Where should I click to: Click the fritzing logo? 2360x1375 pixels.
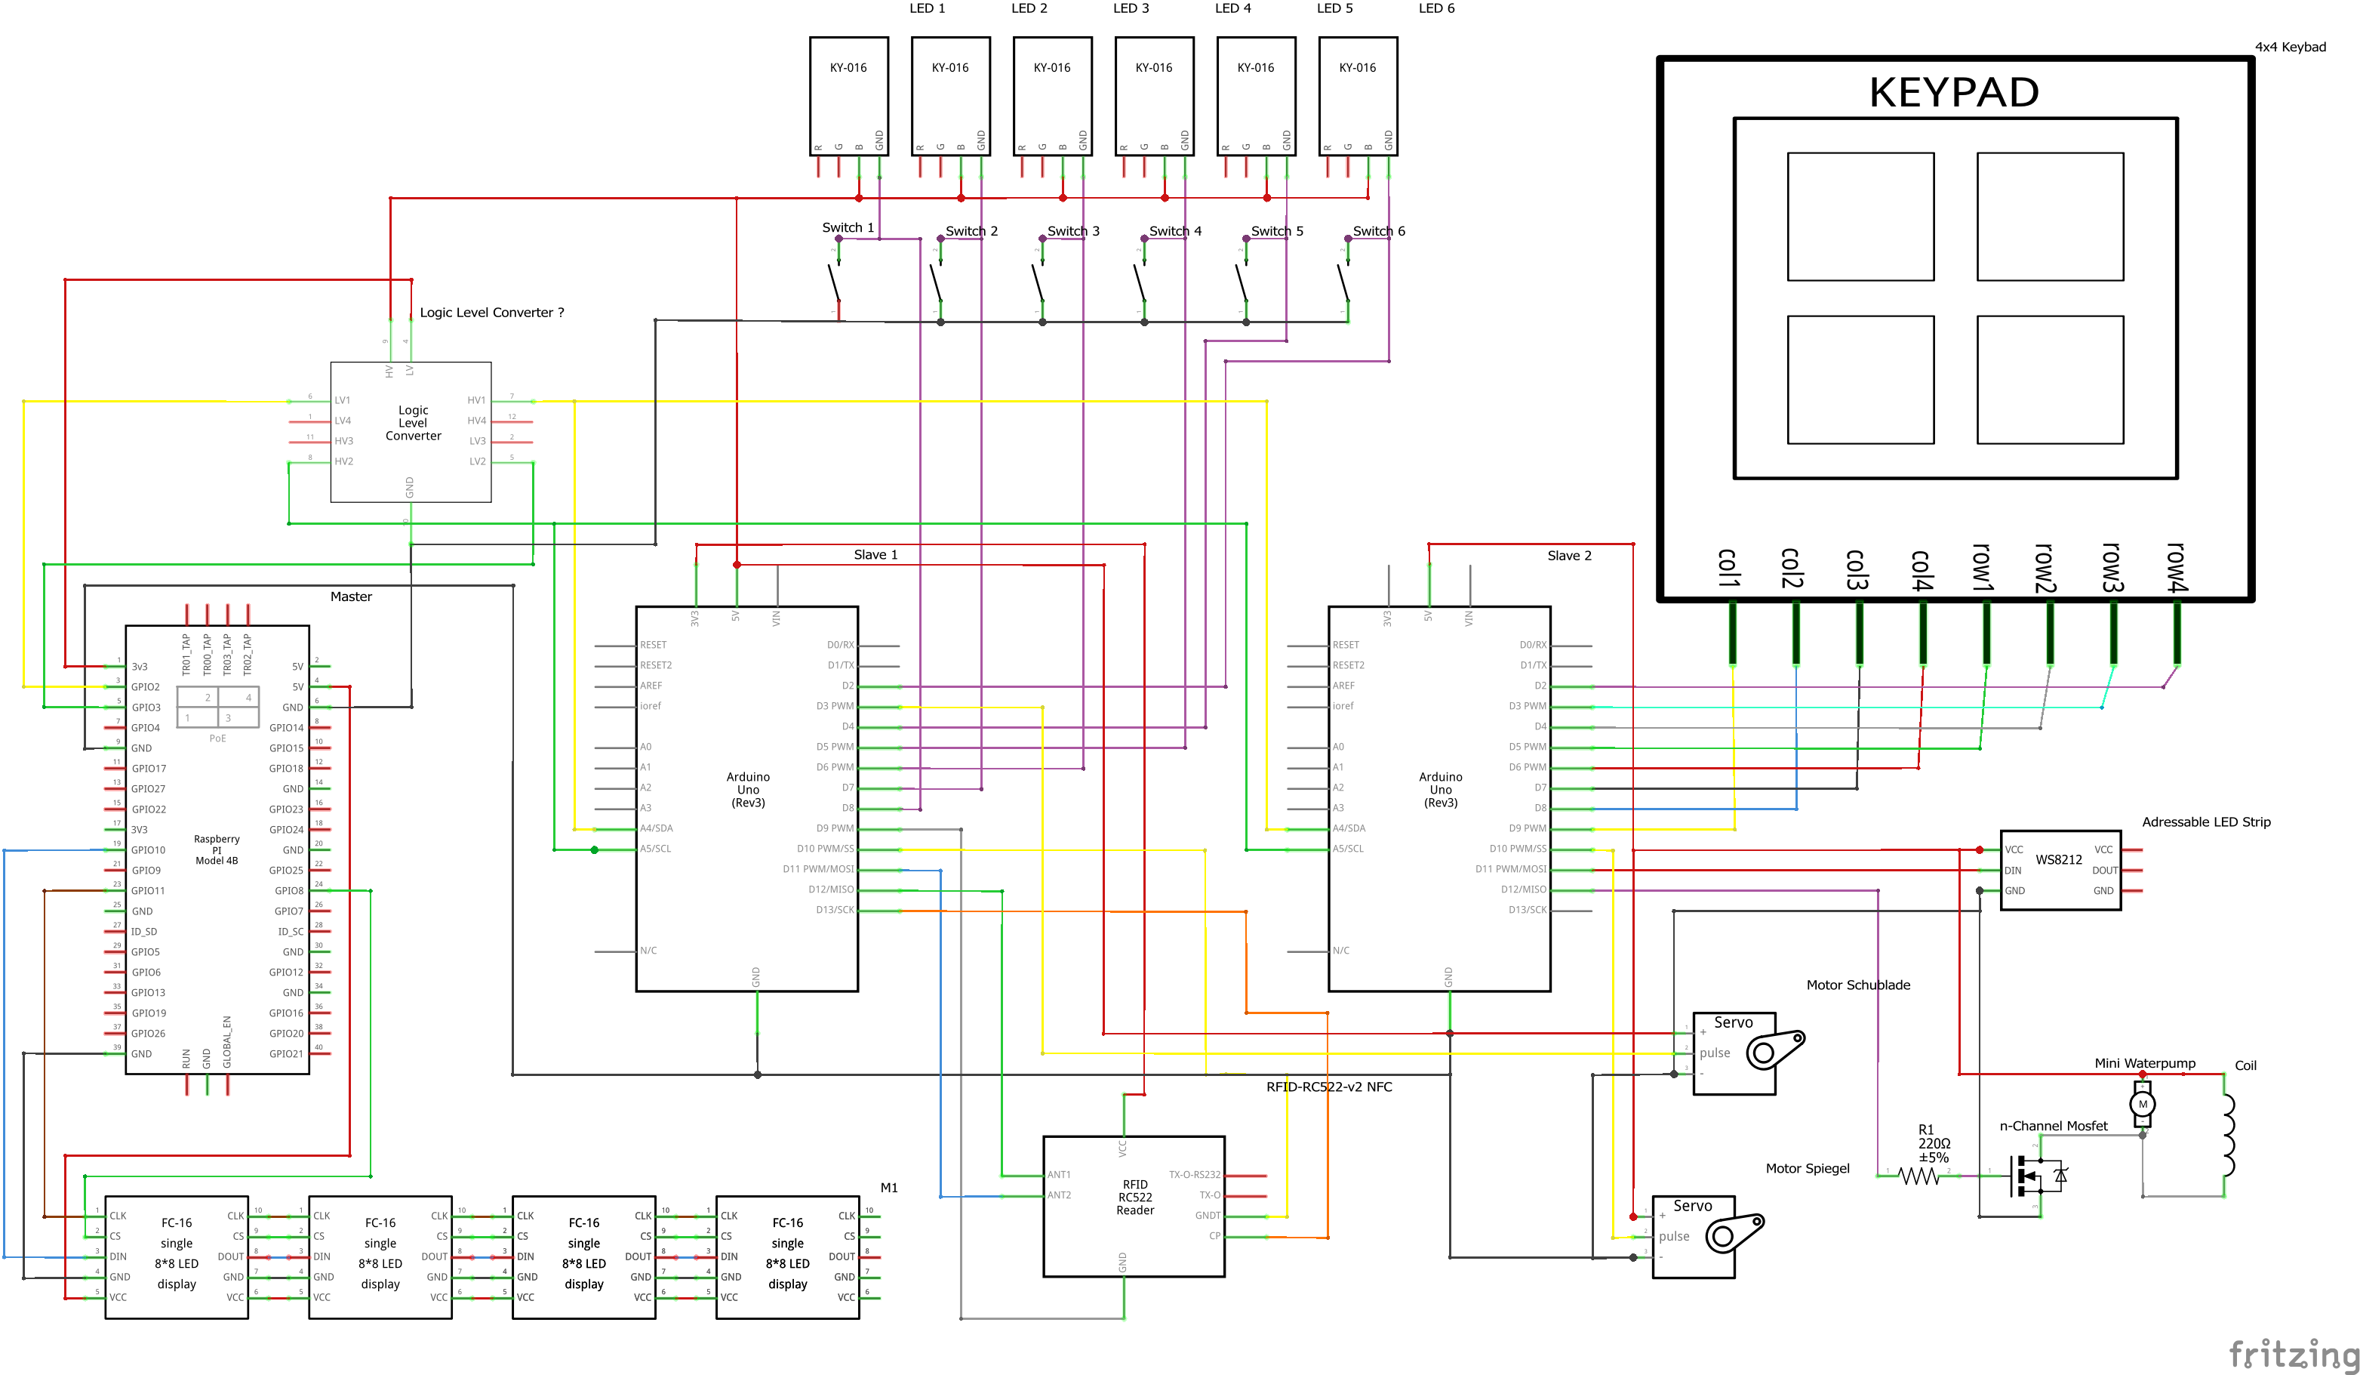pos(2293,1353)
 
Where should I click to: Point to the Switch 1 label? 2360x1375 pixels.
pos(848,227)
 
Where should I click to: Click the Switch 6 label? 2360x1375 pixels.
pos(1379,231)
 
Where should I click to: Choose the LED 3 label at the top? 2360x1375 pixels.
pos(1131,8)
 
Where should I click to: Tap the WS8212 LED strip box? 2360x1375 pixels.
pos(2060,869)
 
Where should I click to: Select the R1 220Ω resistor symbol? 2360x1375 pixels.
pos(1919,1176)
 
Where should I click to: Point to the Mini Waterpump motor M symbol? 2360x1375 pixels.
pos(2142,1105)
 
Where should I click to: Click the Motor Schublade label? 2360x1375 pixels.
pos(1857,985)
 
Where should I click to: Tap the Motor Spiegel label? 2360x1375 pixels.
pos(1807,1168)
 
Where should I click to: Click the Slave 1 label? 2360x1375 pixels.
pos(875,554)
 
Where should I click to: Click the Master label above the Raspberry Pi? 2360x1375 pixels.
pos(351,597)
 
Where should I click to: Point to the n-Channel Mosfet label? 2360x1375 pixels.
pos(2053,1126)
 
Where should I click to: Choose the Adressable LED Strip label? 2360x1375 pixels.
pos(2205,822)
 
